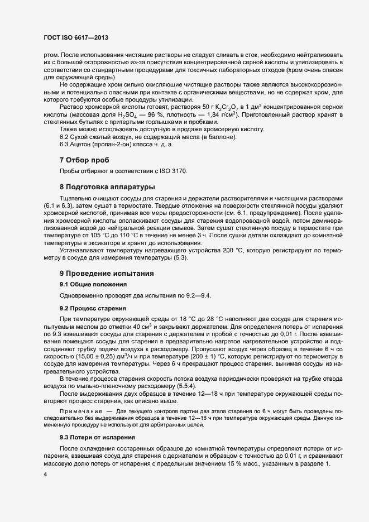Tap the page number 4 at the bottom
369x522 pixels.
45,475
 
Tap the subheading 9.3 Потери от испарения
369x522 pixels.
97,437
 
